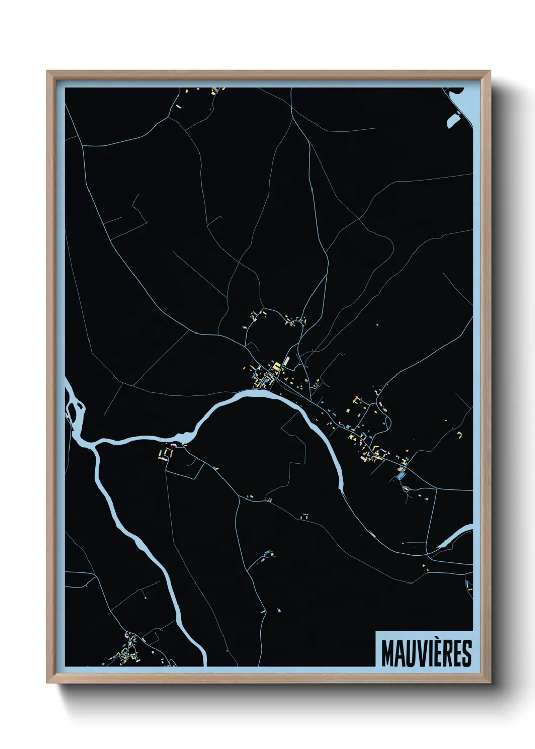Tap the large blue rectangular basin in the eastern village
pyautogui.click(x=402, y=476)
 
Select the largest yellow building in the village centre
pyautogui.click(x=277, y=366)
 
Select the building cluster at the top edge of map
pyautogui.click(x=216, y=92)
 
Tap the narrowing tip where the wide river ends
pyautogui.click(x=341, y=488)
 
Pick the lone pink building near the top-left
pyautogui.click(x=179, y=107)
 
